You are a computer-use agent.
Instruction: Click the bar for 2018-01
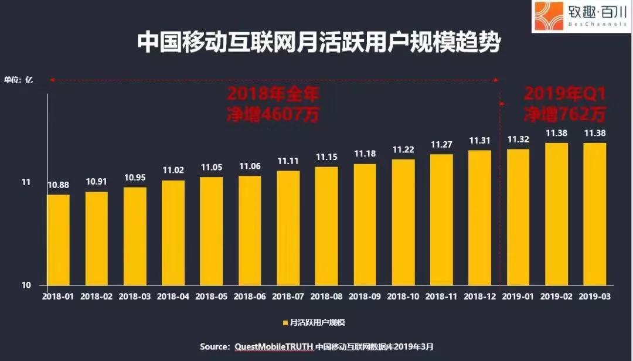[x=58, y=240]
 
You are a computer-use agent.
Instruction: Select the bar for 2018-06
[x=250, y=230]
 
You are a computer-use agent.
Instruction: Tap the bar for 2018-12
[x=479, y=217]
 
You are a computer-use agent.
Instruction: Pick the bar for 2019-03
[x=594, y=214]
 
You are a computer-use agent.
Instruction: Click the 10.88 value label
[x=58, y=185]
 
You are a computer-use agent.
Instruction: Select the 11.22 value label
[x=403, y=149]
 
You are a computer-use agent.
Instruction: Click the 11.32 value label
[x=518, y=139]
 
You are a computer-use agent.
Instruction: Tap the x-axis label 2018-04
[x=173, y=297]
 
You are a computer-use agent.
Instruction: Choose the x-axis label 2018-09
[x=365, y=297]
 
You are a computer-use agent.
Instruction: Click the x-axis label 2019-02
[x=556, y=297]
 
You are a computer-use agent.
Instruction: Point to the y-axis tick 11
[x=26, y=182]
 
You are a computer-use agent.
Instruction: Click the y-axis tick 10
[x=26, y=285]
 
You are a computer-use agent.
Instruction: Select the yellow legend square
[x=285, y=323]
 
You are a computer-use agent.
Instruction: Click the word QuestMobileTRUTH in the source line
[x=273, y=347]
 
